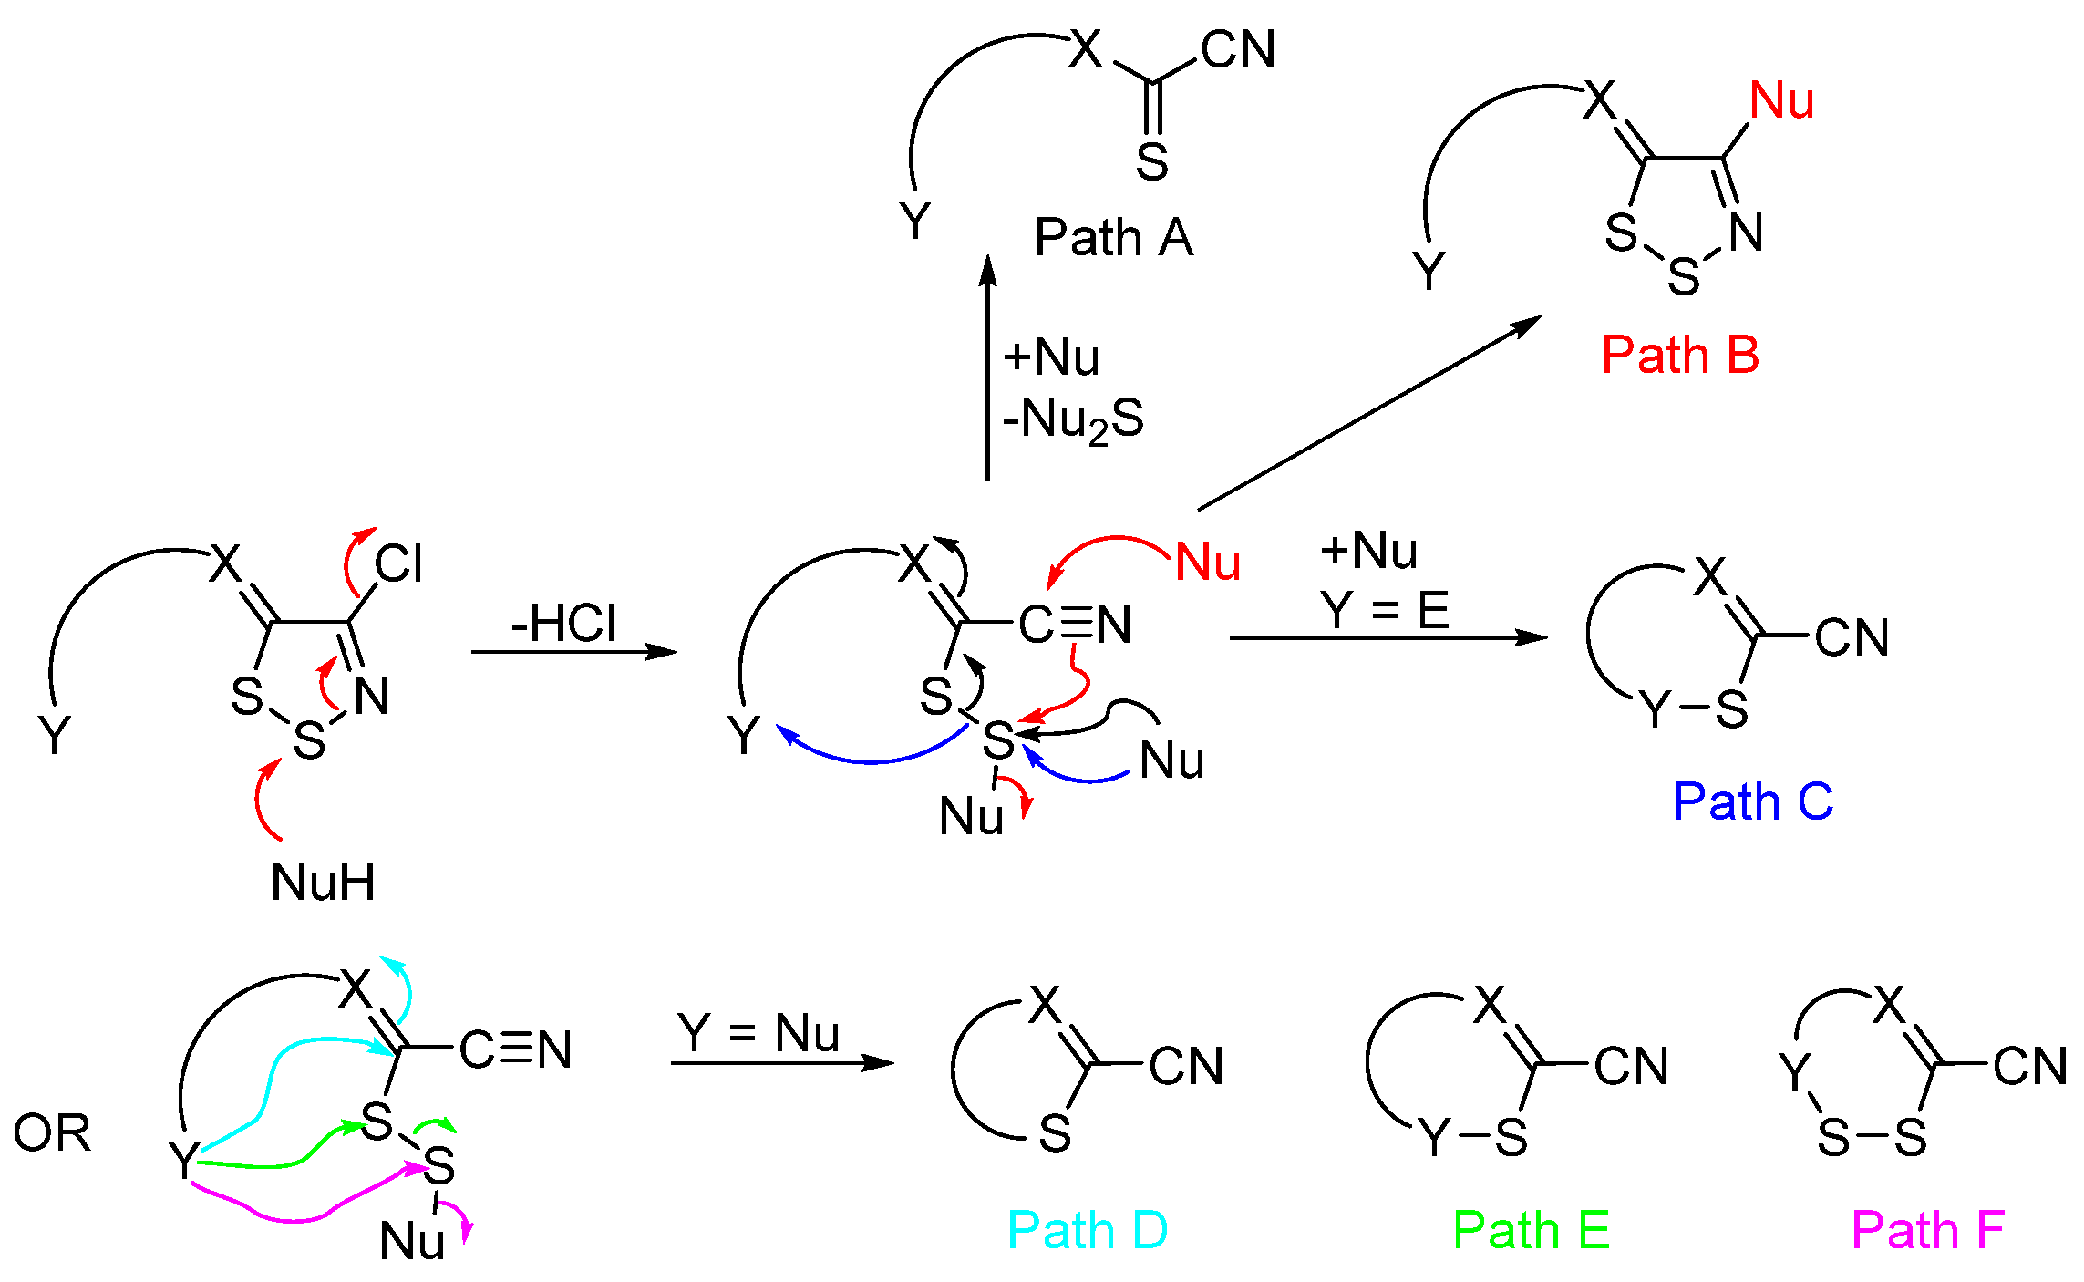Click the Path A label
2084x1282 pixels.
click(x=1113, y=238)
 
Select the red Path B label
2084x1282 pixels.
click(x=1679, y=355)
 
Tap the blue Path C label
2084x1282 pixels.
click(x=1752, y=801)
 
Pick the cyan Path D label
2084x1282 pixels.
click(x=1087, y=1230)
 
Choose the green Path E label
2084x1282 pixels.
click(x=1531, y=1230)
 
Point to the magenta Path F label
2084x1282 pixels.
click(x=1927, y=1230)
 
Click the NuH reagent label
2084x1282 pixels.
click(x=323, y=882)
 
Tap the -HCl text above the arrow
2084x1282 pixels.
click(x=563, y=624)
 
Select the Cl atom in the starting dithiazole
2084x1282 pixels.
click(x=398, y=564)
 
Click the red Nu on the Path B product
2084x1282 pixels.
click(x=1781, y=100)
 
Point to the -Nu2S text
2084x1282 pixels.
click(x=1072, y=420)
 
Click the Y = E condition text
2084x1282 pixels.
click(x=1384, y=610)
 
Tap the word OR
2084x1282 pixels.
click(x=52, y=1133)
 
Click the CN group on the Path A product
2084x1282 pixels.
click(x=1237, y=50)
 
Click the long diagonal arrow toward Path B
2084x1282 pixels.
click(x=1367, y=414)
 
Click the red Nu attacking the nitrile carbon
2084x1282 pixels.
click(x=1207, y=562)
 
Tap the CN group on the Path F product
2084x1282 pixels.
click(x=2029, y=1066)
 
